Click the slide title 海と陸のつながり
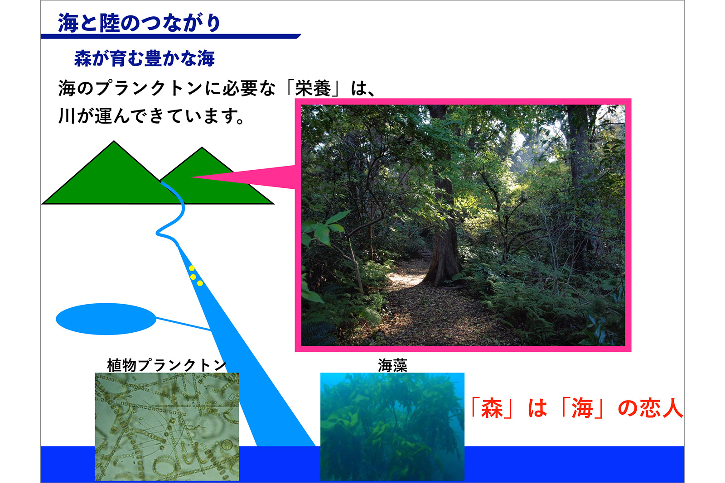139,23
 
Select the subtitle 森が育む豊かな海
145,58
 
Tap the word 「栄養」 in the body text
313,88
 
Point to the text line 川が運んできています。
151,116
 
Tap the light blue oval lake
106,319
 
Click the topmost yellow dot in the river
192,268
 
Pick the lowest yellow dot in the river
200,283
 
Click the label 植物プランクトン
167,365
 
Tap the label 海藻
392,365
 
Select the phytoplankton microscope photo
167,427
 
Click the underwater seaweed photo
392,427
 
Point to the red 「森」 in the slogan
492,408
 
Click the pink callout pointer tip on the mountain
192,177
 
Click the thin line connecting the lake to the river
183,324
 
